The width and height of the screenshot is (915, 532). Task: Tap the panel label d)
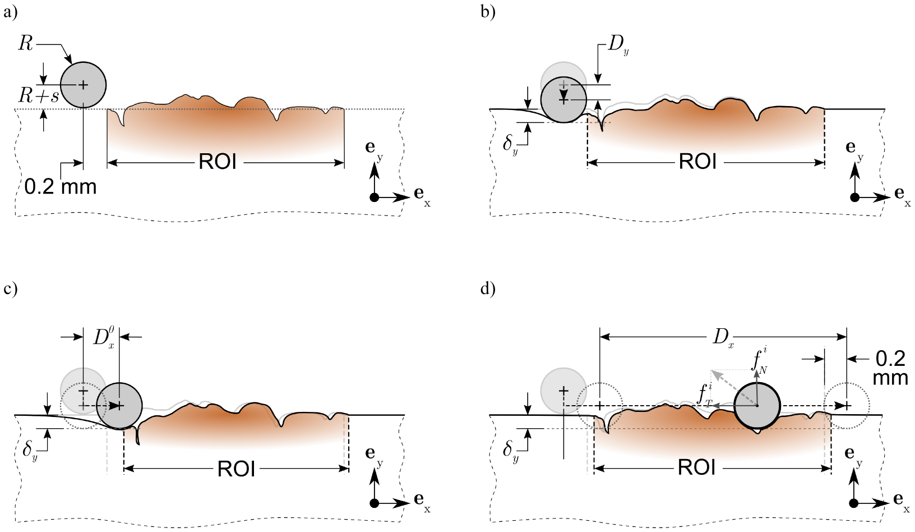[487, 289]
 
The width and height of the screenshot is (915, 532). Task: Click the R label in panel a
[26, 44]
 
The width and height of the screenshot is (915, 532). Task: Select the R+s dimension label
[39, 97]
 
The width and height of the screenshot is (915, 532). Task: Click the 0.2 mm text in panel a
[61, 186]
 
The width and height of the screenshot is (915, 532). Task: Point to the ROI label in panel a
[218, 162]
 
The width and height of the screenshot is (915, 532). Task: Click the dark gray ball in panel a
[83, 85]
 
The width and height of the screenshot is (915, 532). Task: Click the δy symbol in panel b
[510, 145]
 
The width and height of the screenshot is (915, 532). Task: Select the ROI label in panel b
[697, 162]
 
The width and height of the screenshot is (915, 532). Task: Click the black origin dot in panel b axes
[854, 198]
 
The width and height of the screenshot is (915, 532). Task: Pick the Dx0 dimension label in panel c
[104, 338]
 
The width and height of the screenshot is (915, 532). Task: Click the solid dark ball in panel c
[119, 406]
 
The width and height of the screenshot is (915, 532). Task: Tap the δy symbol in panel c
[30, 451]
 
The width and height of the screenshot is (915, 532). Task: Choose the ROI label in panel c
[236, 469]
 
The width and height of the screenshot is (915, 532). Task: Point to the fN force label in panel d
[760, 360]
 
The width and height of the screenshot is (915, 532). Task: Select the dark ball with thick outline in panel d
[757, 406]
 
